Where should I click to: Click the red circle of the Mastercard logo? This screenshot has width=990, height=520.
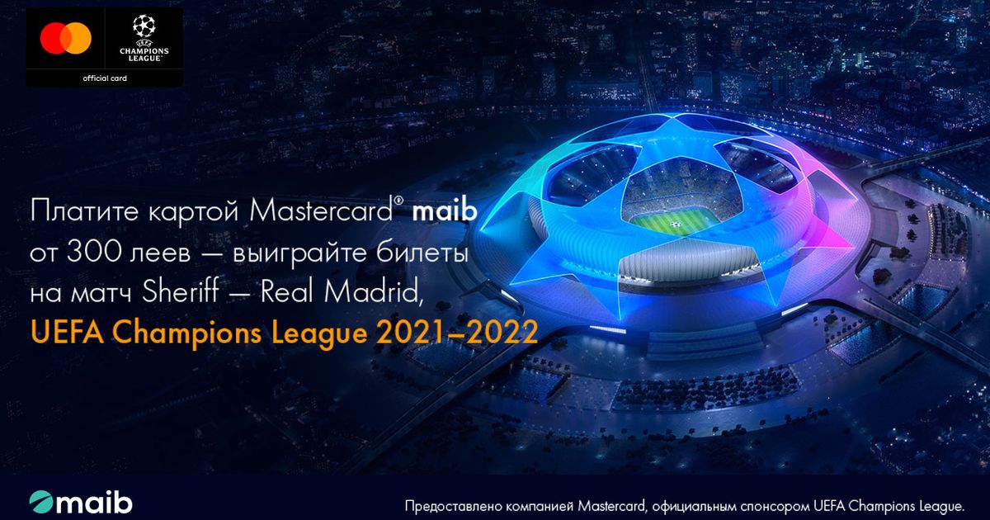53,38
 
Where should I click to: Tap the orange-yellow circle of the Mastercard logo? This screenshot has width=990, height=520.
78,38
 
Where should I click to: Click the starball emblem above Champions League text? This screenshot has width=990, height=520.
144,26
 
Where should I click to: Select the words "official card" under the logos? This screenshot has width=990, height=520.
105,78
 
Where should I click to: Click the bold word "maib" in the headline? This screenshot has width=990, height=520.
445,211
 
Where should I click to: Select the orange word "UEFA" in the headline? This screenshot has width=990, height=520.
67,333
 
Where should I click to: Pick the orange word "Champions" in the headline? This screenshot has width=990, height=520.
189,333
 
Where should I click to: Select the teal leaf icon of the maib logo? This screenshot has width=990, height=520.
41,502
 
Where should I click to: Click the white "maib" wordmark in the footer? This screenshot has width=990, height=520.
94,502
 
